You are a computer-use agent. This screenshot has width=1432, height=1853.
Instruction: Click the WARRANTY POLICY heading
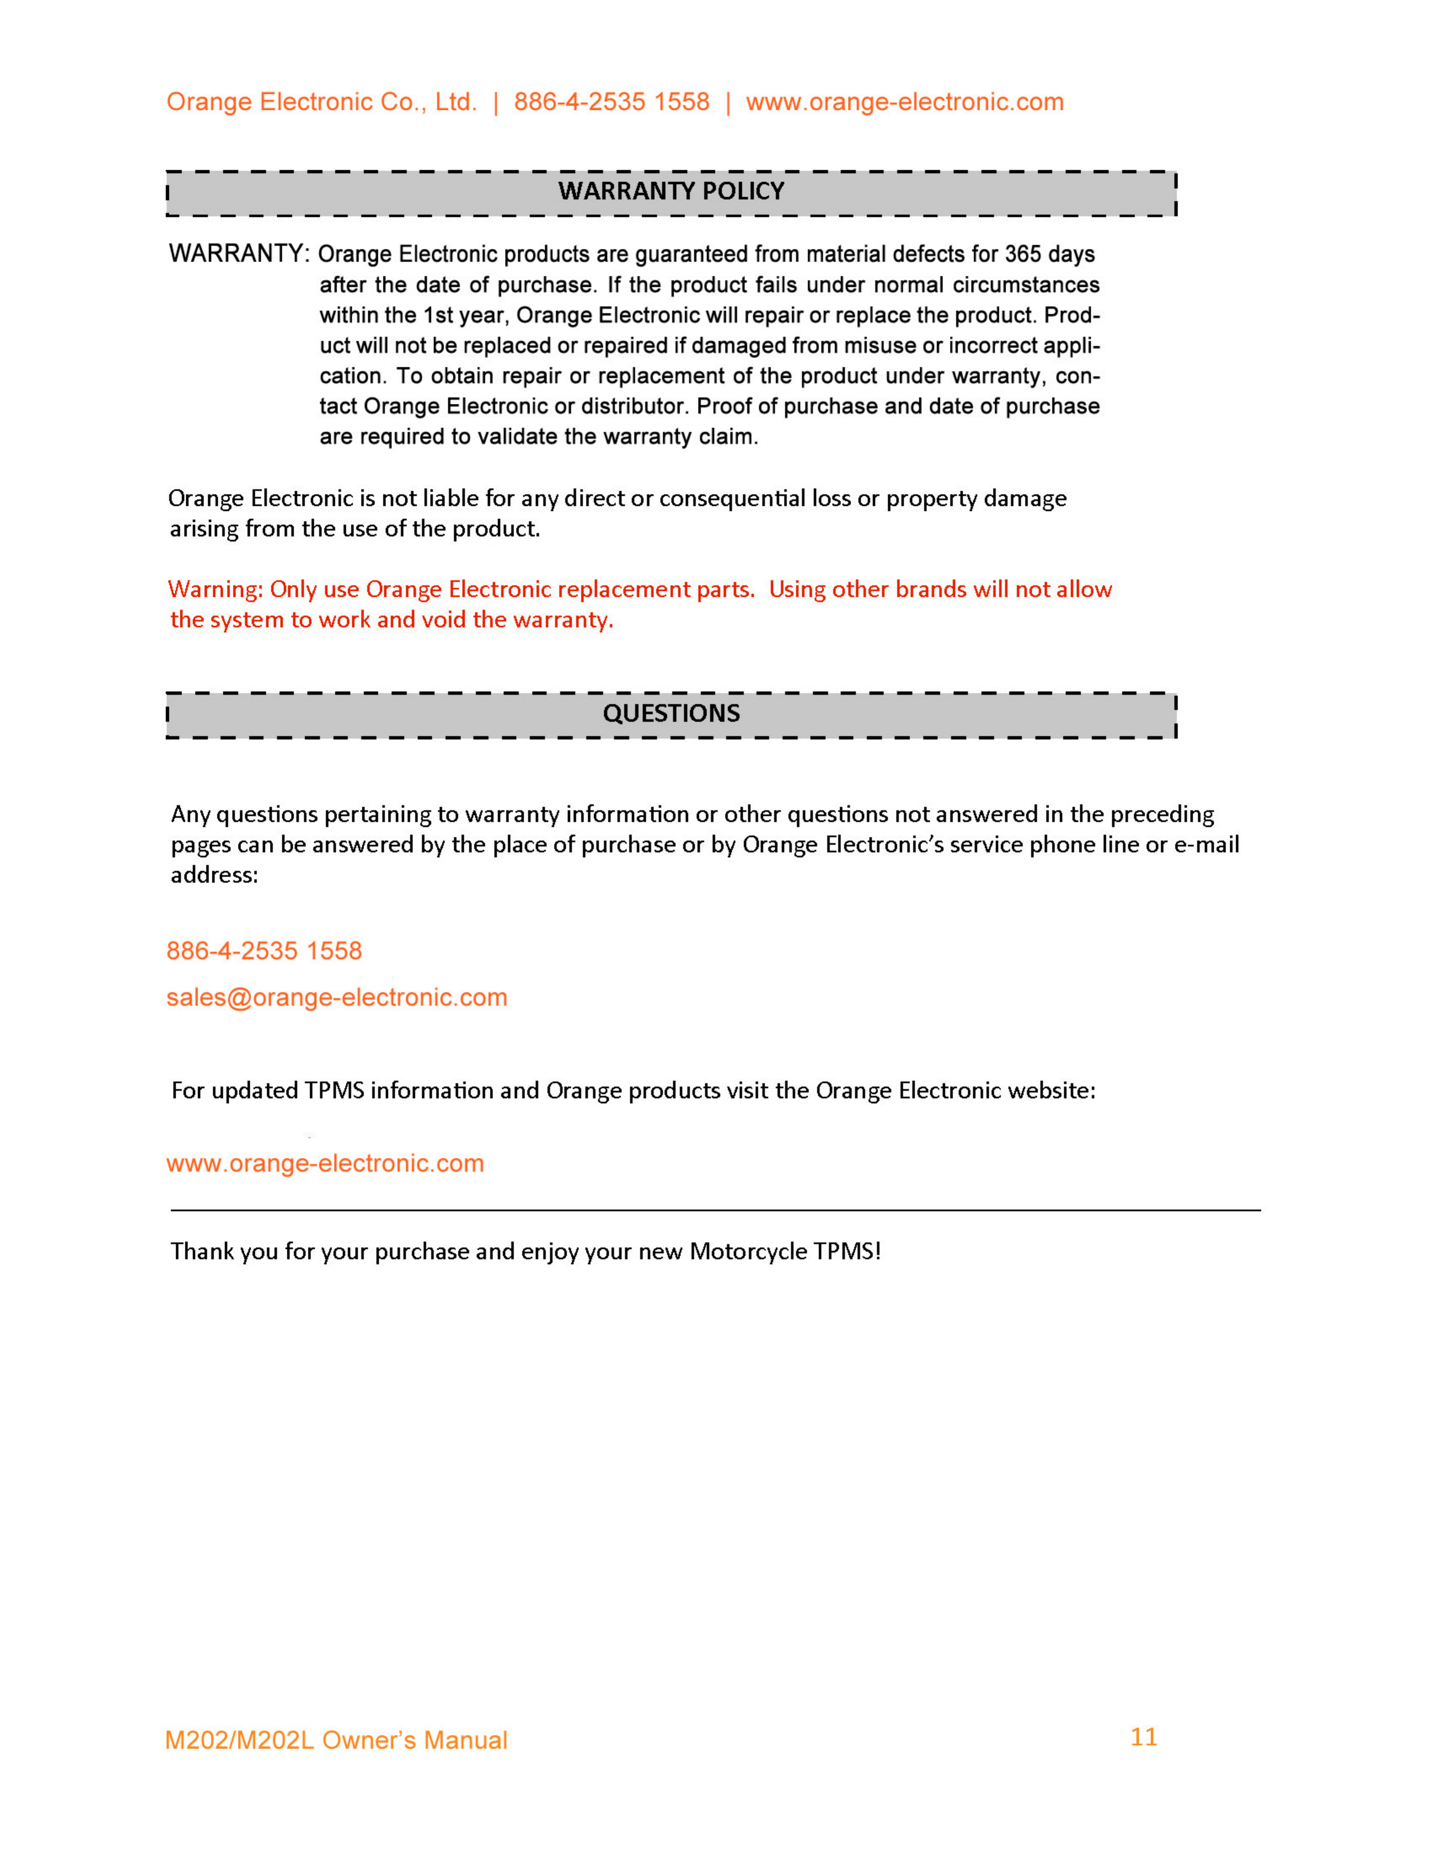671,191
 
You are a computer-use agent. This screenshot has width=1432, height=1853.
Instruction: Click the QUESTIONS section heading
671,713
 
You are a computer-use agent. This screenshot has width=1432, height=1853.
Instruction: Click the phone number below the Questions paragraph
264,951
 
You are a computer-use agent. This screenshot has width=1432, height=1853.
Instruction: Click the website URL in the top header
904,102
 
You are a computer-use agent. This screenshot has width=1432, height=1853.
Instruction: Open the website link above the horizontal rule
325,1163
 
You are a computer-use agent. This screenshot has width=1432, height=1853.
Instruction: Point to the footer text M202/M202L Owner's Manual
336,1740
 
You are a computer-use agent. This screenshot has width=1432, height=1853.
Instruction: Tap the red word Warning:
216,590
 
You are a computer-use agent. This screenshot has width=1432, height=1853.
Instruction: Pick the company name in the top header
321,102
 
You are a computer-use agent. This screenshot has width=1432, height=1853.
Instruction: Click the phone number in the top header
612,102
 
